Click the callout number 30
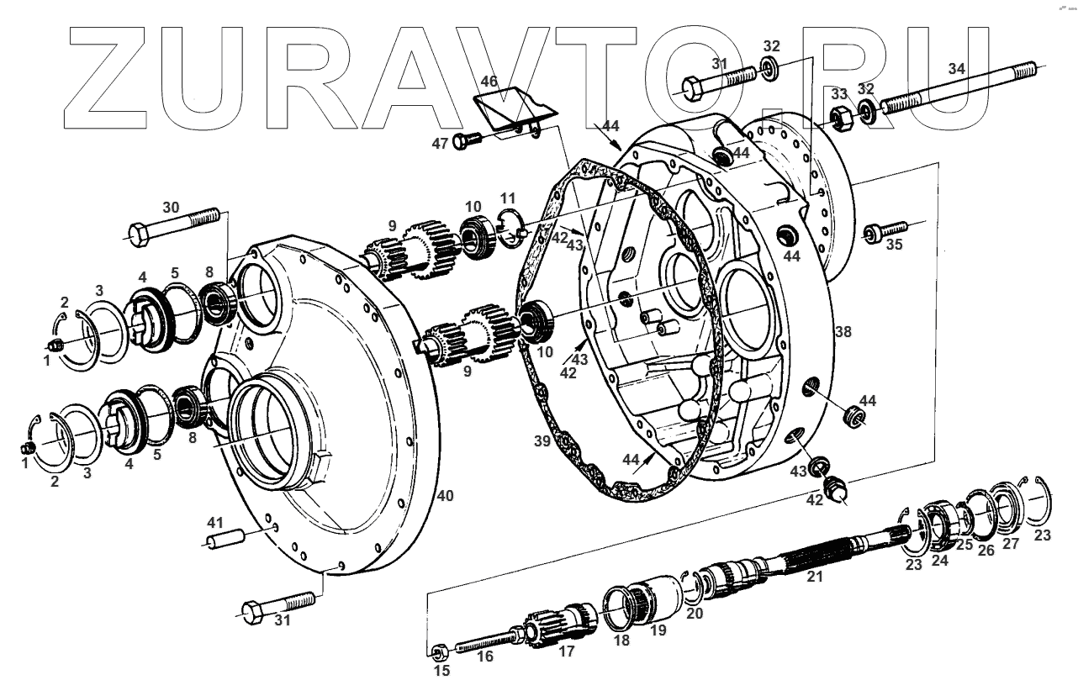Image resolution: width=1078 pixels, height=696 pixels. click(171, 208)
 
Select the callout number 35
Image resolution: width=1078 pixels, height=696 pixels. click(894, 245)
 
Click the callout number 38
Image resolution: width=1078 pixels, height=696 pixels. click(843, 333)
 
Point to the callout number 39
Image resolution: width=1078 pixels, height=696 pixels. click(544, 440)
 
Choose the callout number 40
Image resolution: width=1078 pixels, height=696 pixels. click(445, 496)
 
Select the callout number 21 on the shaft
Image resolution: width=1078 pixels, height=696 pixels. click(814, 577)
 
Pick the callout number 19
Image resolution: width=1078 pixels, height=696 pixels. click(658, 630)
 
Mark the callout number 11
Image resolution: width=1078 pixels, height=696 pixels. click(507, 197)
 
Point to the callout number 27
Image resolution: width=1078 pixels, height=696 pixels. click(1010, 544)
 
